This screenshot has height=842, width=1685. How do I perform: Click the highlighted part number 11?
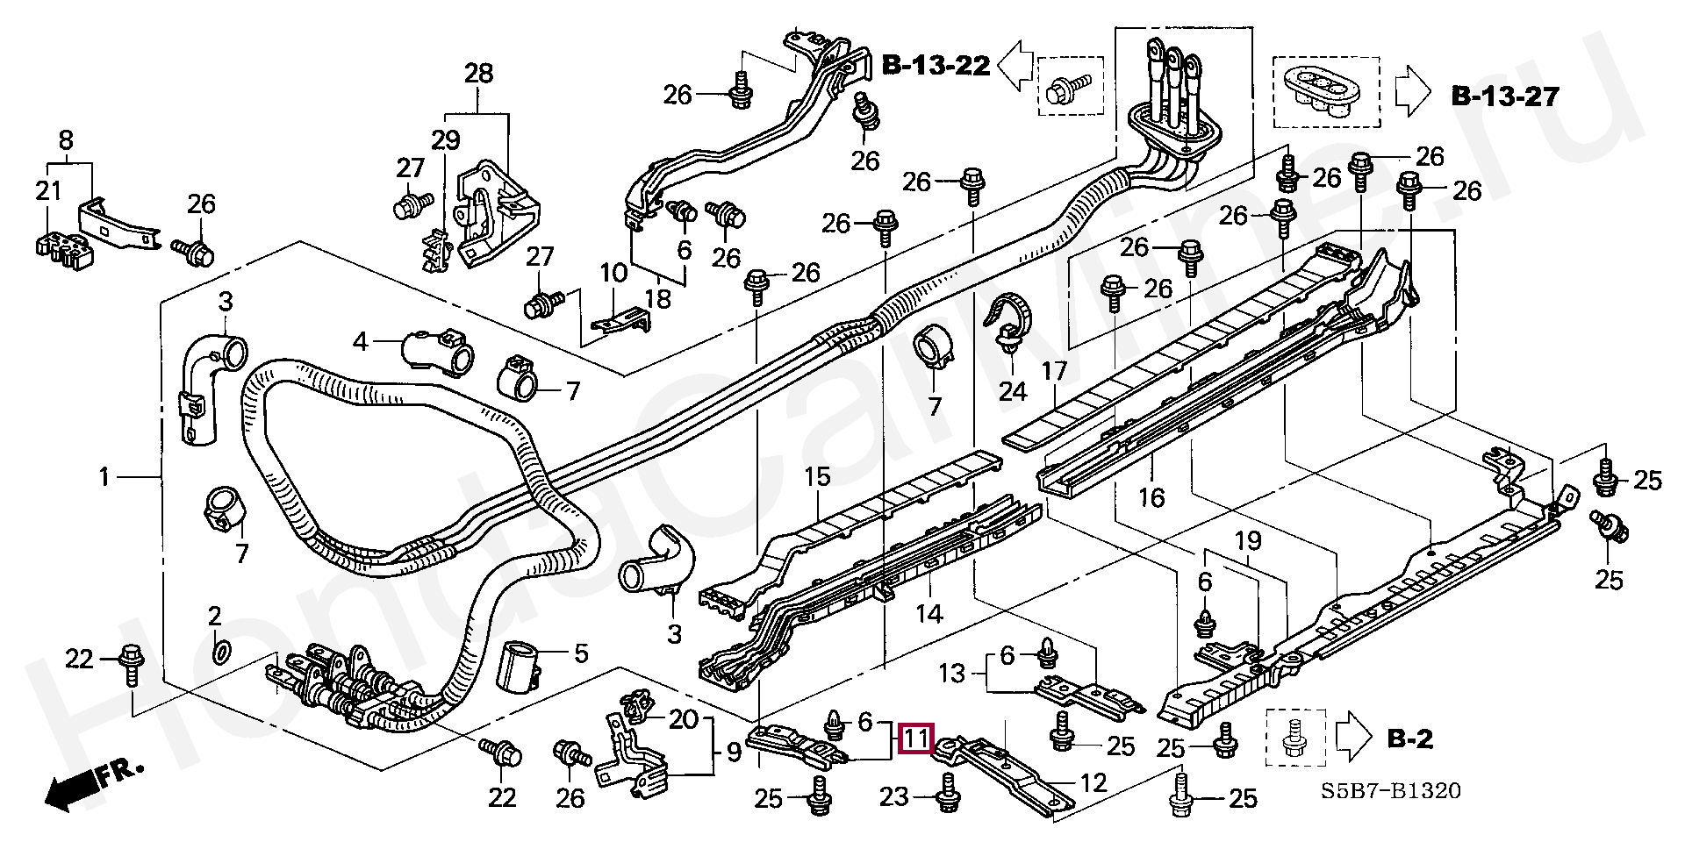916,739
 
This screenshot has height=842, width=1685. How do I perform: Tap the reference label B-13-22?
936,65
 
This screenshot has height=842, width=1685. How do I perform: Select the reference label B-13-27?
1505,96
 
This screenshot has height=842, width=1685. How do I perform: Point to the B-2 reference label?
1409,739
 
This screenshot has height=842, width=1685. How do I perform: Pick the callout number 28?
478,74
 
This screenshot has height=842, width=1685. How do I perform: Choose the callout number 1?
104,478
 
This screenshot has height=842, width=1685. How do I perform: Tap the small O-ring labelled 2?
223,651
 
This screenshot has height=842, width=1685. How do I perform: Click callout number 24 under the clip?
1012,390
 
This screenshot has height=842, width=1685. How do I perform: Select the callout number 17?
1053,372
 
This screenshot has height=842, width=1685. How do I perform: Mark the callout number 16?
1151,498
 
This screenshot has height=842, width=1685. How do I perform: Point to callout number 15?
817,477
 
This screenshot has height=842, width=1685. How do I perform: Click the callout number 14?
929,614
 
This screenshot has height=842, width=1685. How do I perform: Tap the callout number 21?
48,190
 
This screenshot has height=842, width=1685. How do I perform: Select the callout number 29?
445,139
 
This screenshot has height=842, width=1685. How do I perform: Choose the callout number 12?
1093,782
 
